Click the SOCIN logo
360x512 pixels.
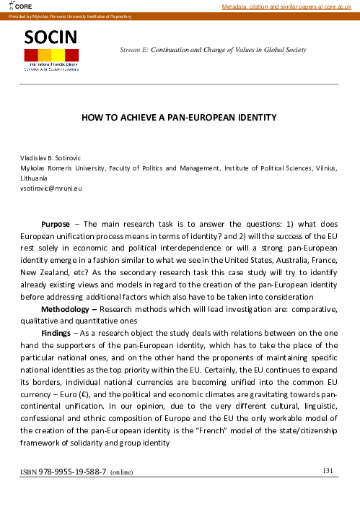point(52,50)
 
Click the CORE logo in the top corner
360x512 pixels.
point(18,6)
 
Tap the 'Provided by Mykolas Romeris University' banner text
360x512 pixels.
point(69,16)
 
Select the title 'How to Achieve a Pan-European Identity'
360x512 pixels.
point(180,117)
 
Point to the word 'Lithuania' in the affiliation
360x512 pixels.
point(33,178)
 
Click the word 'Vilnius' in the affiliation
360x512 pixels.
point(323,168)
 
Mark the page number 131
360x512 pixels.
point(327,471)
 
